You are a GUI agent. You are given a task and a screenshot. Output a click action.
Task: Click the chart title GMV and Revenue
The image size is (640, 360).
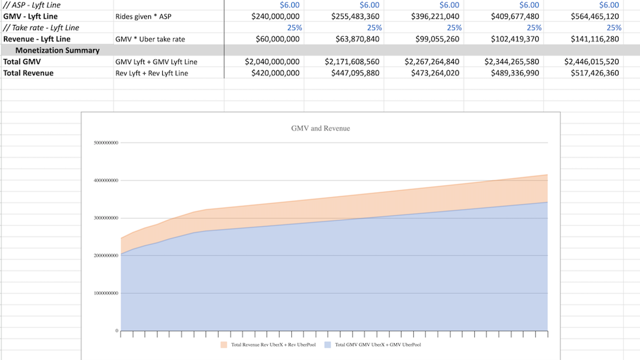pos(321,129)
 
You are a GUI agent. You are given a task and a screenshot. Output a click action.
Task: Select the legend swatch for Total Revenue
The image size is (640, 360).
pos(224,345)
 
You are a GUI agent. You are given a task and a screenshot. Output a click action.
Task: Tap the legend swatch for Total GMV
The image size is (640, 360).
pos(328,345)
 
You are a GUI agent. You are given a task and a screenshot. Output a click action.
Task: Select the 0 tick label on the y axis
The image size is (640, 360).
pos(117,331)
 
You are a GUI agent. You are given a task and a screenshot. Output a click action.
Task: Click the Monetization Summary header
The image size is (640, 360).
pos(57,50)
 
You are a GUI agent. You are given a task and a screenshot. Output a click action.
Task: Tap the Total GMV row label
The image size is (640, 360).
pos(19,61)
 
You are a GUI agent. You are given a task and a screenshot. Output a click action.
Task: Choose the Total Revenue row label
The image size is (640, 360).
pos(28,73)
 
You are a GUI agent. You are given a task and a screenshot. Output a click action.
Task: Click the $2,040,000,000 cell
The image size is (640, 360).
pos(272,61)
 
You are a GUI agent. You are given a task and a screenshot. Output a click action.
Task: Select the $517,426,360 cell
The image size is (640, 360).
pos(592,73)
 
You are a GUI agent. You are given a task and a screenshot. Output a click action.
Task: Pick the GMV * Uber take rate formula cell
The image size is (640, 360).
pos(150,39)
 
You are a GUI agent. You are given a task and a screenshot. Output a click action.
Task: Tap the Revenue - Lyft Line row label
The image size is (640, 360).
pos(37,39)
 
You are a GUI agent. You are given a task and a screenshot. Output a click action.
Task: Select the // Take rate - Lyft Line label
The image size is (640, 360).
pos(41,28)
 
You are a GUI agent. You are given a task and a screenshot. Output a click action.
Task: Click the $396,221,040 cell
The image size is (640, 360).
pos(435,17)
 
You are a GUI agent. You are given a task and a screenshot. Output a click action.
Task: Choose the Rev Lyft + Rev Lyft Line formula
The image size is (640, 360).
pos(151,73)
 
